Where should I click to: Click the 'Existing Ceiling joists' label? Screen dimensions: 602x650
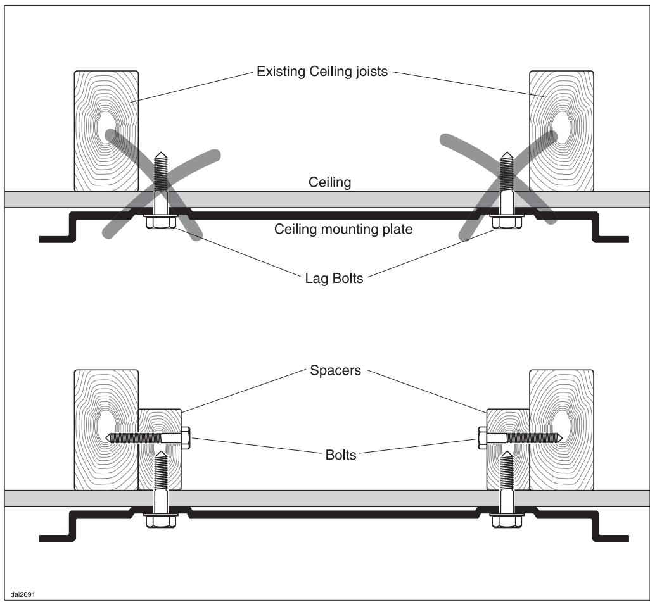[x=321, y=72]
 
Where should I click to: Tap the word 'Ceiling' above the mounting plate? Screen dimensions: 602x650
[x=329, y=182]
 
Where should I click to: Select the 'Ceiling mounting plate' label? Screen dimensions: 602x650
[x=343, y=229]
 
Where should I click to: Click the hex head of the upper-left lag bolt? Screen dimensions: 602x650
[x=160, y=223]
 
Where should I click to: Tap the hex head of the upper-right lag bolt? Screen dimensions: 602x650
[x=506, y=223]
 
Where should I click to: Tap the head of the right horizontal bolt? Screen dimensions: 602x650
[x=481, y=437]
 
